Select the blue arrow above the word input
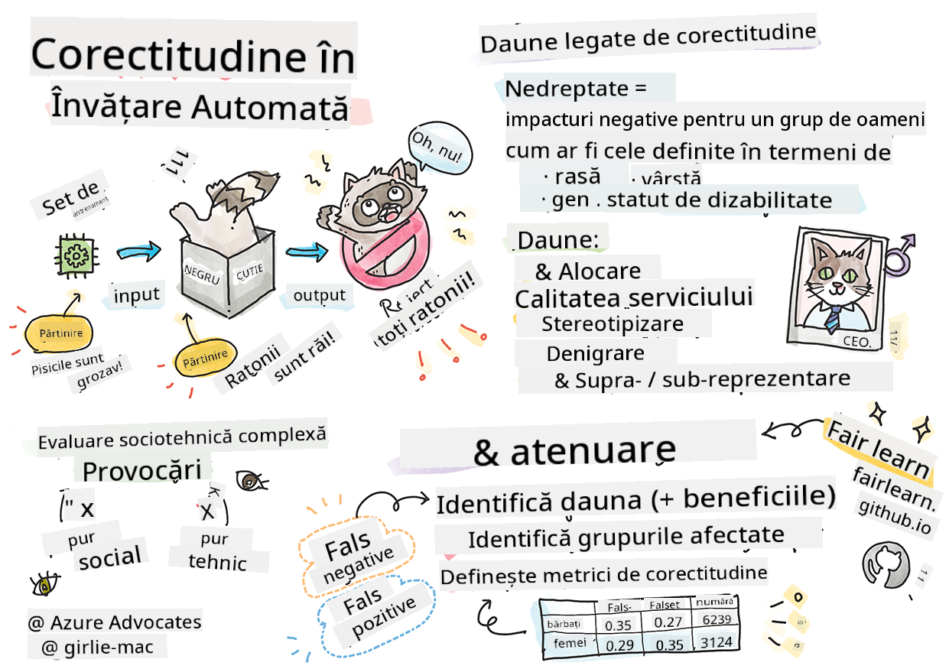[138, 250]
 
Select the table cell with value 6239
[715, 620]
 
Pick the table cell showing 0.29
[619, 646]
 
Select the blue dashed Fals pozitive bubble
[379, 613]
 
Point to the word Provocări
[142, 470]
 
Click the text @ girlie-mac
[98, 648]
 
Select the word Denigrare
[595, 354]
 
